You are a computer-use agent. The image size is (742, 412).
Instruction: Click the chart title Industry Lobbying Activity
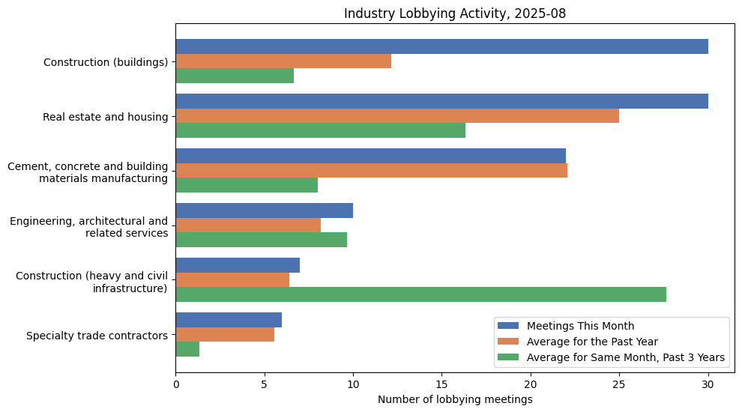[455, 13]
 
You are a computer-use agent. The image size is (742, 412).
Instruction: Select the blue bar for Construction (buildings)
[441, 46]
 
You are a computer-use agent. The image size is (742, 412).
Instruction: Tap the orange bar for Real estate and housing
[397, 116]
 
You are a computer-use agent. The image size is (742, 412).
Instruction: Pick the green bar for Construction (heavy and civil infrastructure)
[420, 294]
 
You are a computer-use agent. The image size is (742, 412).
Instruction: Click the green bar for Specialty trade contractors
[187, 349]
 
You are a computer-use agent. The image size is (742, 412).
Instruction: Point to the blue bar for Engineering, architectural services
[264, 210]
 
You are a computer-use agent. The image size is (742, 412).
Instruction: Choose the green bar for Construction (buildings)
[235, 76]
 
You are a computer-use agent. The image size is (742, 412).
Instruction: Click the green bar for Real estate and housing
[320, 130]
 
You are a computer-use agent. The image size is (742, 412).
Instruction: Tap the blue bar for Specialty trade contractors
[229, 320]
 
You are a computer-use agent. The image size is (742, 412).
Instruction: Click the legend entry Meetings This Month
[580, 326]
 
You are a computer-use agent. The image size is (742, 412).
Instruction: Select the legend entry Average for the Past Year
[592, 342]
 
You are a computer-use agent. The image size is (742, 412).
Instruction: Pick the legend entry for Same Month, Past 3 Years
[626, 358]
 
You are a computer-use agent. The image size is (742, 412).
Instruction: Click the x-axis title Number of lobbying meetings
[455, 400]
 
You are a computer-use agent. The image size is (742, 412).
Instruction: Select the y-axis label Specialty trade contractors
[97, 335]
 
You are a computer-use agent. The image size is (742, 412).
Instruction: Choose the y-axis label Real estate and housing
[105, 116]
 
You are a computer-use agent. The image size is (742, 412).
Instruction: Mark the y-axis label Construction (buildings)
[106, 61]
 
